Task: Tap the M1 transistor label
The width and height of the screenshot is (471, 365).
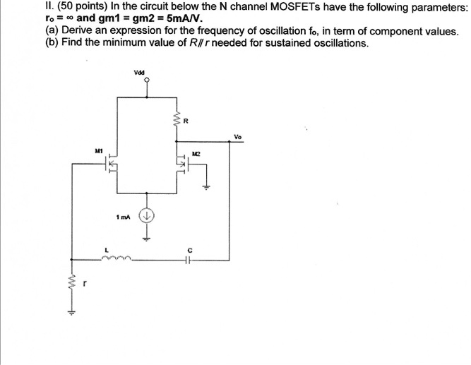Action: pyautogui.click(x=100, y=150)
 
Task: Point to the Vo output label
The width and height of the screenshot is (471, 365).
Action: pyautogui.click(x=237, y=137)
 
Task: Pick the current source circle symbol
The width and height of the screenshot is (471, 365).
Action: pyautogui.click(x=147, y=216)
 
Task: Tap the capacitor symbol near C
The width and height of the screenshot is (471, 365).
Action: pyautogui.click(x=189, y=259)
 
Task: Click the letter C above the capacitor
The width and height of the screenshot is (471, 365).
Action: pyautogui.click(x=189, y=249)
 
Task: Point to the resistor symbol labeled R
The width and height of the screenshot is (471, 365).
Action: pyautogui.click(x=178, y=121)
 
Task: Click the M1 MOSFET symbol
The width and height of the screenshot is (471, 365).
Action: pyautogui.click(x=110, y=165)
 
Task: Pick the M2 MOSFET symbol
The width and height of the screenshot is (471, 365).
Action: pyautogui.click(x=182, y=165)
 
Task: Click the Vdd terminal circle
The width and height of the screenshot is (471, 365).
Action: pyautogui.click(x=147, y=80)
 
